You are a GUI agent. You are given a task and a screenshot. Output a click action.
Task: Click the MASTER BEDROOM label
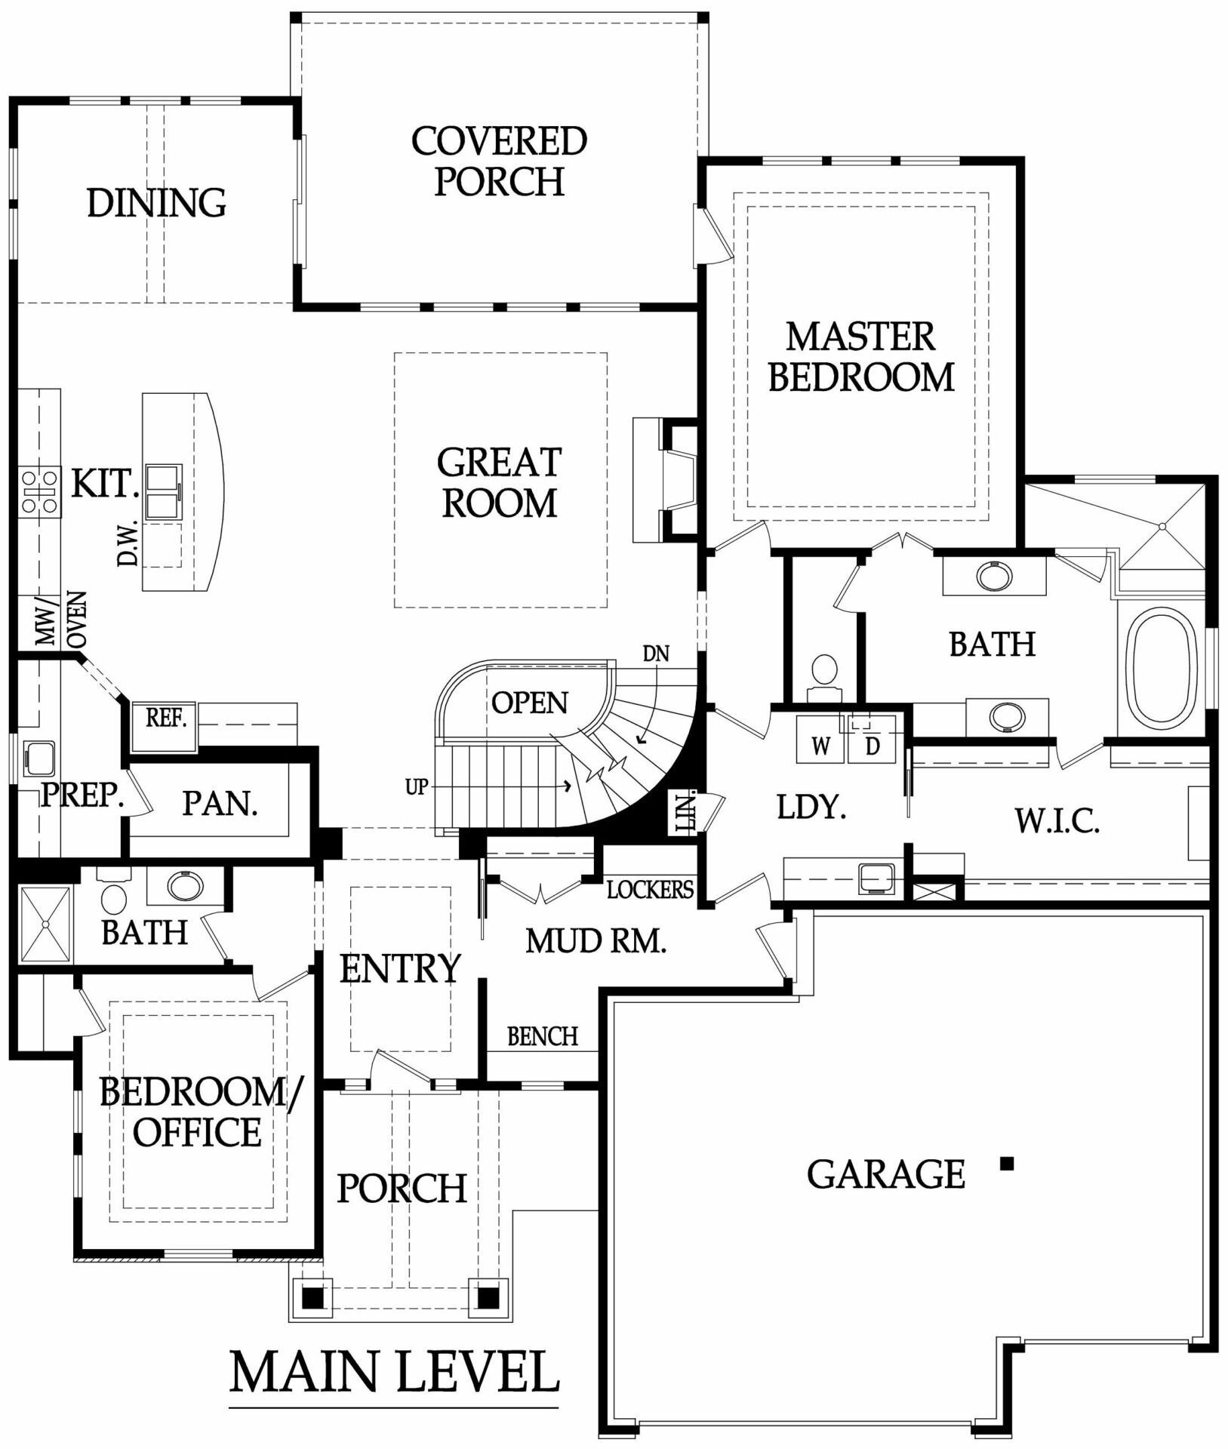(x=861, y=357)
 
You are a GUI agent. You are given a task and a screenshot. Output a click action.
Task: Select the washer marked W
(x=820, y=740)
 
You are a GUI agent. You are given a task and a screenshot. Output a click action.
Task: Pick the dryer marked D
(x=872, y=740)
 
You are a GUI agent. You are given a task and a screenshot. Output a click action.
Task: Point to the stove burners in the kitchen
(x=40, y=492)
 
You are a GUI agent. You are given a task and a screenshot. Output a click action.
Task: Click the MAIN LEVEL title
(x=394, y=1372)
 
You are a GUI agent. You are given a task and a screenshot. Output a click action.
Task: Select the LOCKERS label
(x=650, y=890)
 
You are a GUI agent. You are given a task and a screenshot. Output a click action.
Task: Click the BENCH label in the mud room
(x=543, y=1036)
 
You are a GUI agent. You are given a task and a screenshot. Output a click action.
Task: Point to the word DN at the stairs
(x=656, y=653)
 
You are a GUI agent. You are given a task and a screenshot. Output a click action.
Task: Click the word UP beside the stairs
(x=417, y=787)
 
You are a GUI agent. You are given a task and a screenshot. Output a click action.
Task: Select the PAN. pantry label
(x=220, y=804)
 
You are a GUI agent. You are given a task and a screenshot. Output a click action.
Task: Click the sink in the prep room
(x=38, y=758)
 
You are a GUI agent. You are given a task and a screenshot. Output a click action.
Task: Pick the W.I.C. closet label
(x=1057, y=820)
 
